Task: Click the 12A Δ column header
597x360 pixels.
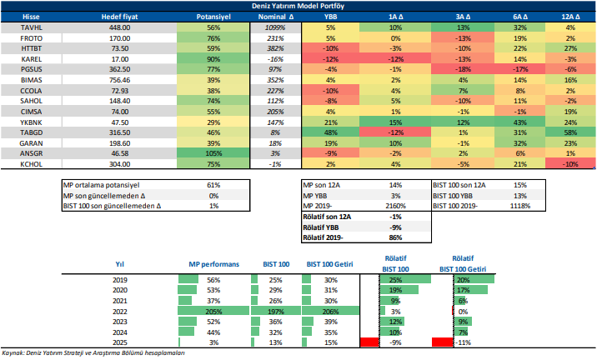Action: point(570,16)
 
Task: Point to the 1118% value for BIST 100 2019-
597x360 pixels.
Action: point(518,205)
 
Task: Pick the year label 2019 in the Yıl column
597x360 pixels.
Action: point(119,278)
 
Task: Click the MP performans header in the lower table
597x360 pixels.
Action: point(213,263)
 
